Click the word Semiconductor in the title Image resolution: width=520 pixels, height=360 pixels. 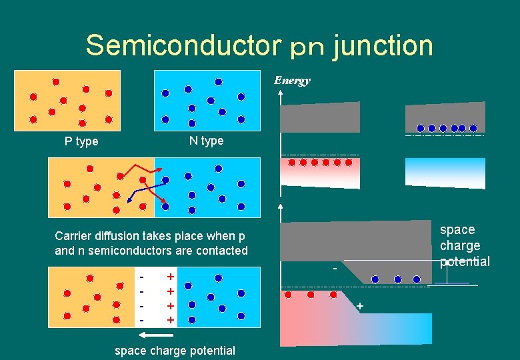[180, 45]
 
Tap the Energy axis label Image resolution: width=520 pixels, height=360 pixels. [292, 81]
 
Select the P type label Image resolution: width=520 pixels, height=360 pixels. [81, 141]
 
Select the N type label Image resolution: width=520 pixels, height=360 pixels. [207, 141]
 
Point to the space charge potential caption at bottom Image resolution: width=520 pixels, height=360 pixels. [175, 350]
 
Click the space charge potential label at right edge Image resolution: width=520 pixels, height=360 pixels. [465, 245]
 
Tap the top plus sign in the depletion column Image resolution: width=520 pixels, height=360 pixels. [171, 277]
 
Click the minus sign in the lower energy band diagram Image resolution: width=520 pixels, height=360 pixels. [335, 268]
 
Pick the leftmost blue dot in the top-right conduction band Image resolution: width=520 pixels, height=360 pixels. [421, 128]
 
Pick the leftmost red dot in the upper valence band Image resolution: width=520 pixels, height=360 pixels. [291, 162]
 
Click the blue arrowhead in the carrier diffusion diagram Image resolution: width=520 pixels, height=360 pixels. [129, 199]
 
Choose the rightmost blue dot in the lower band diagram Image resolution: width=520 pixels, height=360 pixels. [417, 279]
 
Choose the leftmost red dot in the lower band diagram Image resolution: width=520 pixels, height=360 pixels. [288, 294]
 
